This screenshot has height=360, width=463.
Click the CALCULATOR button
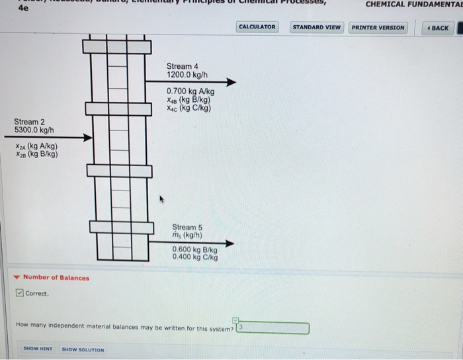point(257,27)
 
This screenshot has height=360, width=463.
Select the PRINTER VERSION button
point(378,27)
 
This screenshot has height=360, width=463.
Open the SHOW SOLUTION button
point(83,349)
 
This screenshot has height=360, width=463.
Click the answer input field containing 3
point(273,328)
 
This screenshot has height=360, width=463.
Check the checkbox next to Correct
point(20,294)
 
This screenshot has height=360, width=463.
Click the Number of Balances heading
point(56,277)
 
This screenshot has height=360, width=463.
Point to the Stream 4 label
point(182,66)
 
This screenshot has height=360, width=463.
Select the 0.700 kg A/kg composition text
point(190,92)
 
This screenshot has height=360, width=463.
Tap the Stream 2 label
point(30,122)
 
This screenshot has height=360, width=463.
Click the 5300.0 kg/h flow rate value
point(34,130)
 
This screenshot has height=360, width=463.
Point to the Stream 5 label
point(187,227)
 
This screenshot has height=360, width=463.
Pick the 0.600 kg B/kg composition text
point(194,249)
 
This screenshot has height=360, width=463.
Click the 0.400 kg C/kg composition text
point(194,257)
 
